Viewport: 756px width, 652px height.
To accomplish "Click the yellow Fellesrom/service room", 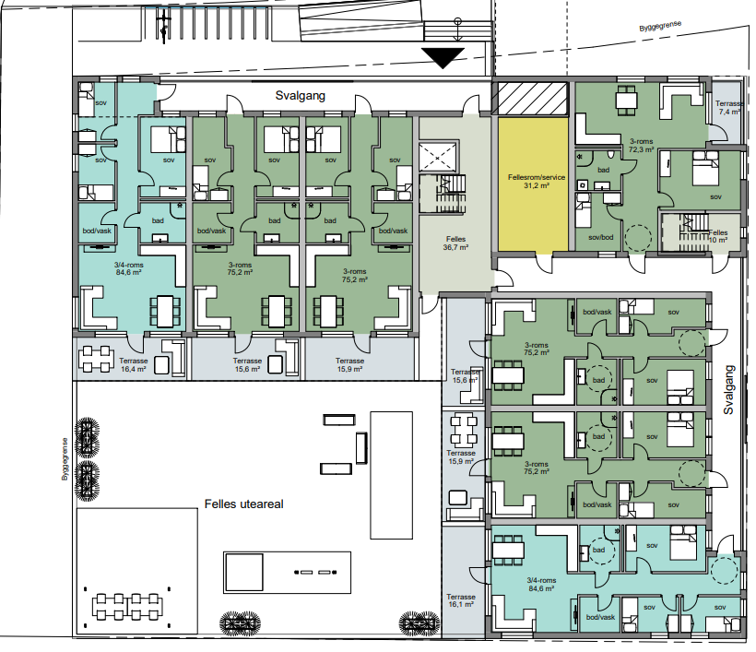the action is coord(533,184).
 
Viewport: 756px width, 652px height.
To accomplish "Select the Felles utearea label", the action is coord(243,504).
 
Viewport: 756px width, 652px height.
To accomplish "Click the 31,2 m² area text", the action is coord(537,185).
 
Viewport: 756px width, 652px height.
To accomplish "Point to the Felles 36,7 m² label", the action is coord(455,243).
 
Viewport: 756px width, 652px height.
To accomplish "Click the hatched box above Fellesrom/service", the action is coord(532,99).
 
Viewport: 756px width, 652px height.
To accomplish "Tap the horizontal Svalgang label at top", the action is coord(300,96).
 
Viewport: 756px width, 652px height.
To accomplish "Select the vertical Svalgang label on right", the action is coord(728,390).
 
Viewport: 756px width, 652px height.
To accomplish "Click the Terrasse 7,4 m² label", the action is coord(728,108).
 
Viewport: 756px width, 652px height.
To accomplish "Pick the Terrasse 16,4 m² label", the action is coord(133,365).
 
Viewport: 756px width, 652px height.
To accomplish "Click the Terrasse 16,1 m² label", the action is coord(461,600).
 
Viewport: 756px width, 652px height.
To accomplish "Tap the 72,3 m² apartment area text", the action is coord(642,149).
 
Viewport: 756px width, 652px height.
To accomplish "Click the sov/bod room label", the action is coord(601,237).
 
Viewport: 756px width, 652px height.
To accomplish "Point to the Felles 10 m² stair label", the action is coord(718,236).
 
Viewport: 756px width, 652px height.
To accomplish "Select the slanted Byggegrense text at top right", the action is coord(660,26).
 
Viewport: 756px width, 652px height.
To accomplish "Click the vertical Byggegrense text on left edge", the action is coord(65,459).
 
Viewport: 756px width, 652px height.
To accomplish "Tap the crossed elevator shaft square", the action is coord(437,157).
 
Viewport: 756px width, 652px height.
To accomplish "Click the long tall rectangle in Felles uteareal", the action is coord(392,475).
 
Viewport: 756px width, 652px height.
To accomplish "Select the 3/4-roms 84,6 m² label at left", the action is coord(128,268).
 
